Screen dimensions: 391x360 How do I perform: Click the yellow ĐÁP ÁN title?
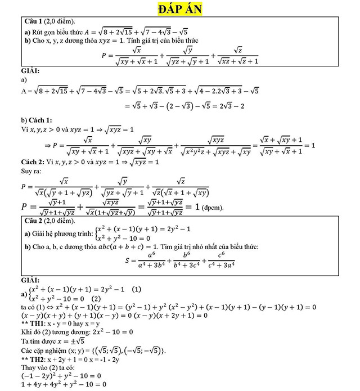180,10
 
